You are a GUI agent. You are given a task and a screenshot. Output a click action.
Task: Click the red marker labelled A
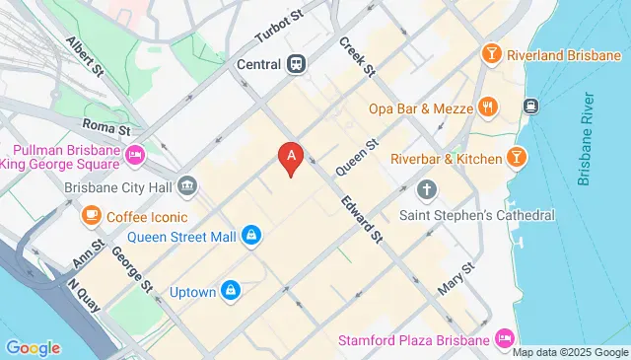290,156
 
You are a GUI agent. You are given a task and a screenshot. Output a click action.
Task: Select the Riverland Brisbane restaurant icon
489,55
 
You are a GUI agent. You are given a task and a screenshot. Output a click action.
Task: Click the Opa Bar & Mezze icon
486,107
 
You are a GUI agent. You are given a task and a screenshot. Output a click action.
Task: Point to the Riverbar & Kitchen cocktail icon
515,157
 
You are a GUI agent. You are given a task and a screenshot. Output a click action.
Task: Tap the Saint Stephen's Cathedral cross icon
426,188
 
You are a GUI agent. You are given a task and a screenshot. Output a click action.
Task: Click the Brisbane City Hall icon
188,185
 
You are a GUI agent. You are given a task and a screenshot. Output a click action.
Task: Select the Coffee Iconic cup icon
91,215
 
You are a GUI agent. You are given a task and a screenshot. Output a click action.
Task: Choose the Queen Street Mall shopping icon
252,235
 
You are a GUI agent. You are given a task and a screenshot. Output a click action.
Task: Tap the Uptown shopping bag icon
230,290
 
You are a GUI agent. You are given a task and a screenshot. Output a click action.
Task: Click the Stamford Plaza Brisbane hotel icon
506,339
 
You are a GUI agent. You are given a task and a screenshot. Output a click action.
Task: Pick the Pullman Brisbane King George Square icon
136,155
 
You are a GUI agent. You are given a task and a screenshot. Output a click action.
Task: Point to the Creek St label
357,57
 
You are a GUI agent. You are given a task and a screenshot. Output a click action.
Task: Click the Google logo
33,347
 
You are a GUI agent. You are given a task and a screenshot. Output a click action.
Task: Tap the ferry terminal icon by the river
530,106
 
